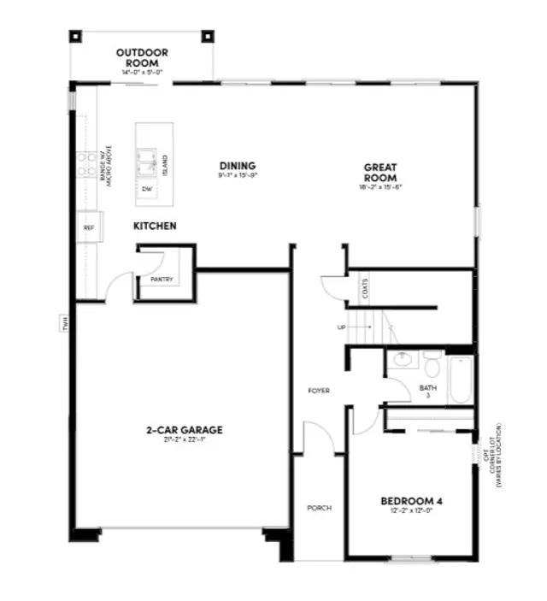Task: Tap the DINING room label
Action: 237,166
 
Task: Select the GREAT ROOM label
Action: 380,173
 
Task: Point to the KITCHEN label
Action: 155,226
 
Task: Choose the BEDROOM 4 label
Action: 411,501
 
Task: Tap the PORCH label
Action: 319,508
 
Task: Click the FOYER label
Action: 319,391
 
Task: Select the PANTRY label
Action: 162,280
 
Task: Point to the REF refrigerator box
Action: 88,227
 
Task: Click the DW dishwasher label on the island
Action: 147,188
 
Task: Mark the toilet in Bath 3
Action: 432,366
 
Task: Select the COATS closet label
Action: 365,289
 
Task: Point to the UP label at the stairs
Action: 342,327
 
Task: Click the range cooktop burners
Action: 85,162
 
